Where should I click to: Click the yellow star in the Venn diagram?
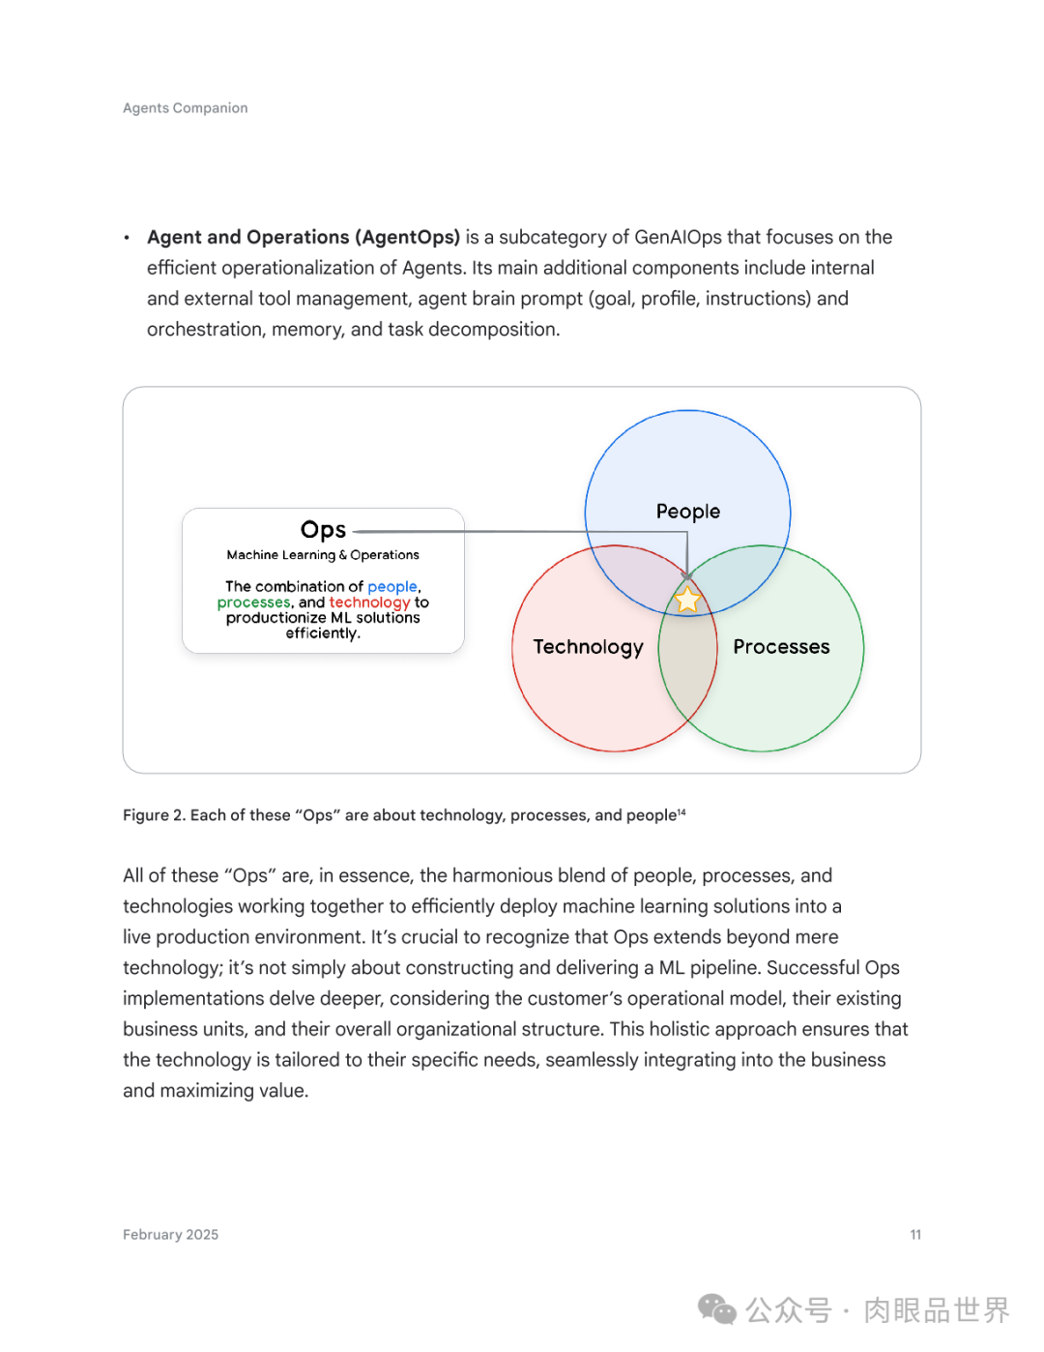coord(687,601)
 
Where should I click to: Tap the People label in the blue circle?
coord(688,512)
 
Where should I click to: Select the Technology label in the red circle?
coord(588,647)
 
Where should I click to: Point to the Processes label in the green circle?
coord(781,647)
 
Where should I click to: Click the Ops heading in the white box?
coord(323,530)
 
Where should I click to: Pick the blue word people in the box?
coord(392,587)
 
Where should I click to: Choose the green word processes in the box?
coord(253,603)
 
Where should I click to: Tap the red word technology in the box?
coord(369,603)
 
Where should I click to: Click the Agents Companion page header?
coord(186,108)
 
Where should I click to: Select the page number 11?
coord(915,1235)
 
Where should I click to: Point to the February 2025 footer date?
coord(170,1235)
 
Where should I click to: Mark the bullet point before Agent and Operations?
coord(127,238)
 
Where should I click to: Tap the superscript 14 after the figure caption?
coord(681,812)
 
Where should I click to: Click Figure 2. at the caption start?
coord(154,815)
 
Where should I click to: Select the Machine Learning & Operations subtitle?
coord(323,555)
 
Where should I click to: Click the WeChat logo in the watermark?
coord(717,1309)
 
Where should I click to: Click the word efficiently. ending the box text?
coord(323,633)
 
